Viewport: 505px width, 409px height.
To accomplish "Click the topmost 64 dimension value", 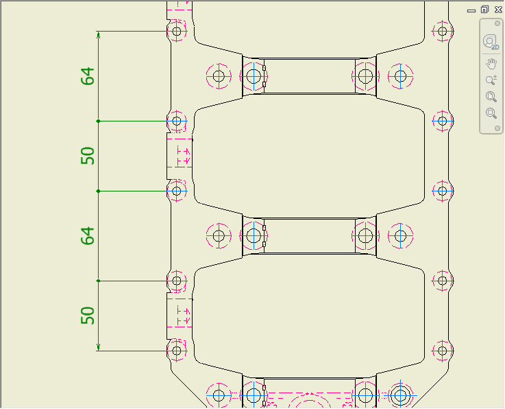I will tap(88, 76).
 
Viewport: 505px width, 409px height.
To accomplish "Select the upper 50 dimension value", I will tap(88, 156).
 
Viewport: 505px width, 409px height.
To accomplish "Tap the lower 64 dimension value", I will tap(88, 236).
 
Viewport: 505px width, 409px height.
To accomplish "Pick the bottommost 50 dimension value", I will tap(88, 316).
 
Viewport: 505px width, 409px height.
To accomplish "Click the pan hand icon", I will tap(491, 64).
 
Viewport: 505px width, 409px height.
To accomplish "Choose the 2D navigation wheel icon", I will tap(491, 42).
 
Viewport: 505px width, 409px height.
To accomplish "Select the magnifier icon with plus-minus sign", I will tap(491, 80).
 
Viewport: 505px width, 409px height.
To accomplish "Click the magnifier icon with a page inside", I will tap(491, 97).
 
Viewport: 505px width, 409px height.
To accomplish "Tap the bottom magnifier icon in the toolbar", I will tap(491, 113).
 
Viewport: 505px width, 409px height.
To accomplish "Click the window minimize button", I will tap(471, 10).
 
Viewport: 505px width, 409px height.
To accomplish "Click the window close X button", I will tap(496, 10).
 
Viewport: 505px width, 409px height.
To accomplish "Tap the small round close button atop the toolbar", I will tap(497, 23).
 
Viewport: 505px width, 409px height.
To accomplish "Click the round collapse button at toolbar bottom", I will tap(497, 128).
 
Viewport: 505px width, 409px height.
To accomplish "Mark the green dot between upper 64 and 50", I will tap(99, 121).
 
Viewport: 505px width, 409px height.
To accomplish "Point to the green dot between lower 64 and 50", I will tap(99, 281).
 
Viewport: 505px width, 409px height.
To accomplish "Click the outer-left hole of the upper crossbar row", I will tap(219, 76).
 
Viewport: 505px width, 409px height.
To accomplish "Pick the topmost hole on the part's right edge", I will tap(443, 31).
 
